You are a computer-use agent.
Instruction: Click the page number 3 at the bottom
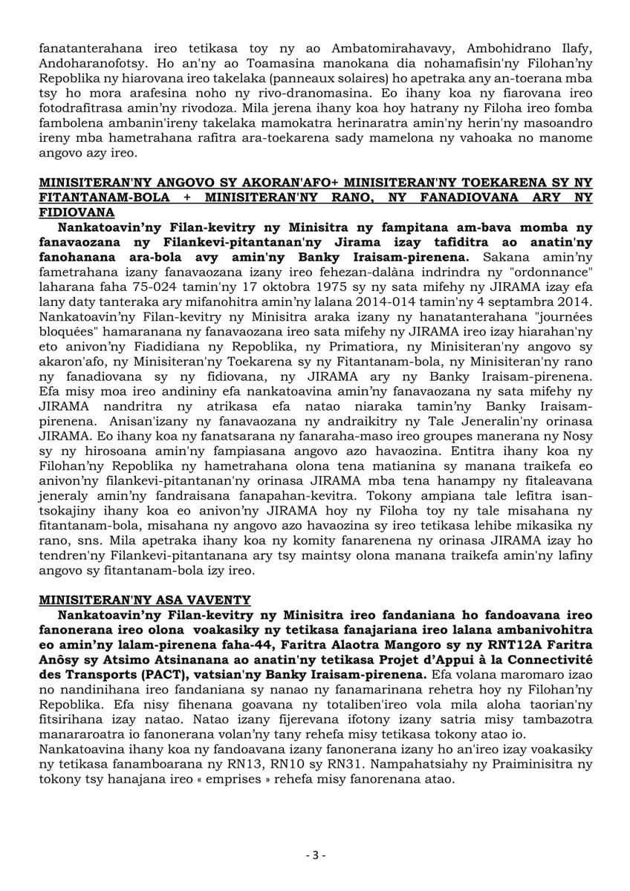pyautogui.click(x=315, y=855)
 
